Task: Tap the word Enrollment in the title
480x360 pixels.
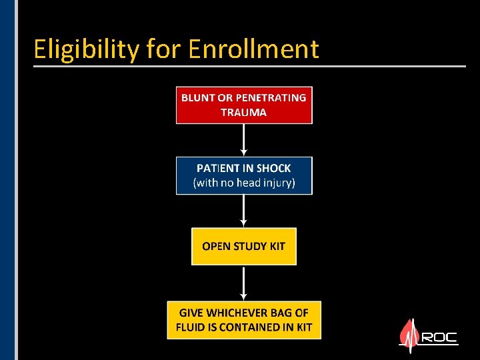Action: pos(254,49)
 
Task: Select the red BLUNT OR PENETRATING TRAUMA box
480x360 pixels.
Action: pos(244,105)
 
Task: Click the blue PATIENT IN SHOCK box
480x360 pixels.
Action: pos(244,175)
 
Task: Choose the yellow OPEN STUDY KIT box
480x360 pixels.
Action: pos(243,246)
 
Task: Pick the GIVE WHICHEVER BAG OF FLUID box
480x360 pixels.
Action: pos(243,320)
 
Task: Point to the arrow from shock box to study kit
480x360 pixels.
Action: pos(244,211)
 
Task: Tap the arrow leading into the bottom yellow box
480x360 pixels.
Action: pos(244,283)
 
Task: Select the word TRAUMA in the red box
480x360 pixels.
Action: pos(244,113)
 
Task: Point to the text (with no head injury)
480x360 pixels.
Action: pos(244,183)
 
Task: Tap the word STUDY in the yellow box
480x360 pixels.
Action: pos(250,246)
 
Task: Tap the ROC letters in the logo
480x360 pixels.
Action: pos(439,337)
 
